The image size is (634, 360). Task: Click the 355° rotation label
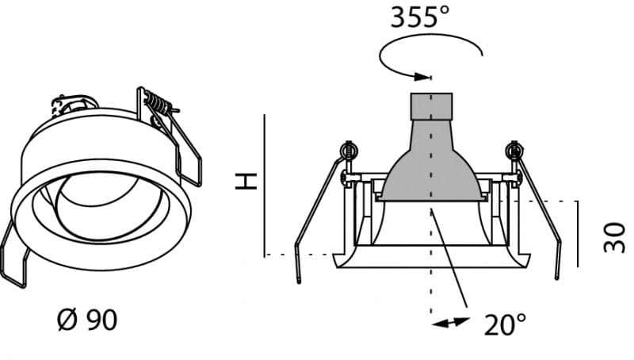[x=420, y=17]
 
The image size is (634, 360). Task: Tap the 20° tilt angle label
[x=506, y=324]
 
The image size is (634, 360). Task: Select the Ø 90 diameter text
[x=87, y=320]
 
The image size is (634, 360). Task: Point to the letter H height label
[x=246, y=182]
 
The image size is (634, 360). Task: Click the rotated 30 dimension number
[x=614, y=237]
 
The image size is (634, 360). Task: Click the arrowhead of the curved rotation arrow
[x=422, y=76]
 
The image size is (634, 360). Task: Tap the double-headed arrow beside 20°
[x=451, y=323]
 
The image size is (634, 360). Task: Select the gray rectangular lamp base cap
[x=431, y=106]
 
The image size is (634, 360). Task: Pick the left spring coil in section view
[x=349, y=151]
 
